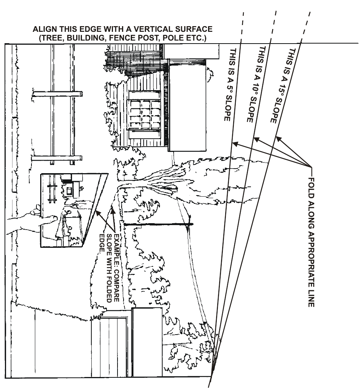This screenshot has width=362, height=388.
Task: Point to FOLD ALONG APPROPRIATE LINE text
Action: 311,242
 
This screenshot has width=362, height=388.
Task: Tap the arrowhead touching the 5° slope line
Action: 235,143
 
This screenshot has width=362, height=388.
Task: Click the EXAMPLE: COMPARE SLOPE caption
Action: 110,250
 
